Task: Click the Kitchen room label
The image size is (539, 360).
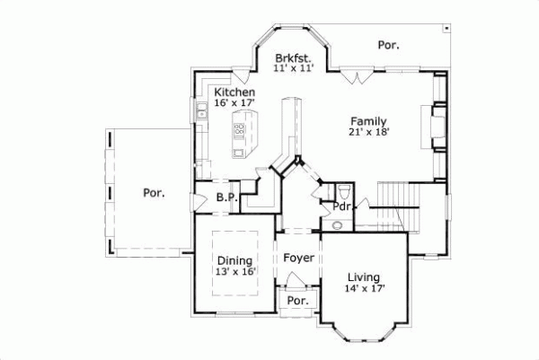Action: (x=234, y=92)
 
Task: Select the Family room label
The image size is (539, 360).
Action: (x=369, y=120)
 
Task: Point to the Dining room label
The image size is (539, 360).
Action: (x=234, y=260)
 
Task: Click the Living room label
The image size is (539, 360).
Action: (x=364, y=277)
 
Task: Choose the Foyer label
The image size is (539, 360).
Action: (x=298, y=259)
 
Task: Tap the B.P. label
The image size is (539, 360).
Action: (x=226, y=198)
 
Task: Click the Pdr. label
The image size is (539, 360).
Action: (x=341, y=206)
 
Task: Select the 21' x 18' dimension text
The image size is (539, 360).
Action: (x=369, y=132)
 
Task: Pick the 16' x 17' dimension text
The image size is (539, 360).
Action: (x=234, y=104)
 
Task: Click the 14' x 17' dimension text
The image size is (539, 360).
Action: (x=364, y=289)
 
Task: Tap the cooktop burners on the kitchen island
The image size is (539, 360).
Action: (x=240, y=130)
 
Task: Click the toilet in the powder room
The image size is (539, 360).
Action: (x=345, y=190)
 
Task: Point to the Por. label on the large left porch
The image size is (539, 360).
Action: (x=153, y=192)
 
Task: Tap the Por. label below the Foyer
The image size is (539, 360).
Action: (x=297, y=302)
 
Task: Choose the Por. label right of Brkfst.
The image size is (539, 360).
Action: (x=388, y=44)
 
